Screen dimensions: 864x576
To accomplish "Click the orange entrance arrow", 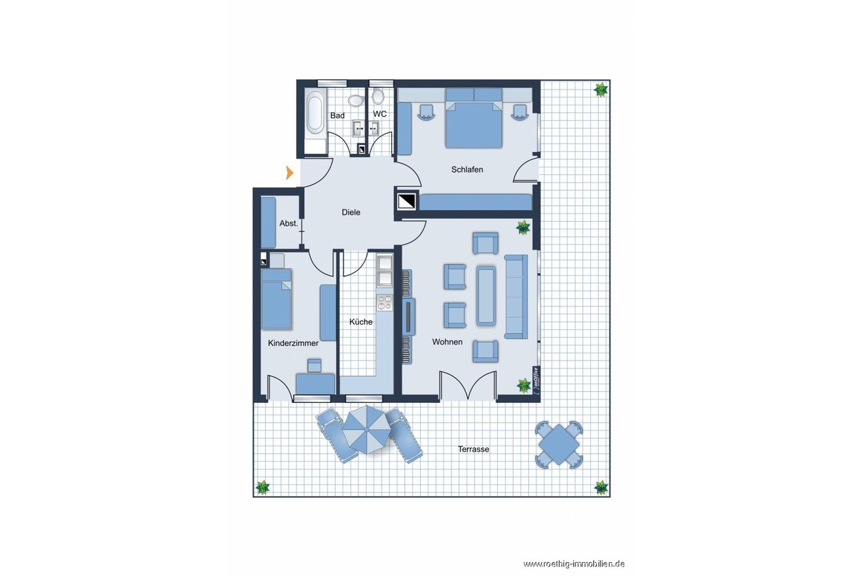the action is click(x=289, y=172).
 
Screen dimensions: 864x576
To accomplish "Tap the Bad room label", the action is click(x=337, y=116).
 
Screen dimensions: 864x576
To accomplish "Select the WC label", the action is click(x=380, y=114).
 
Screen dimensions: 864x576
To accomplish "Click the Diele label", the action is click(x=351, y=212).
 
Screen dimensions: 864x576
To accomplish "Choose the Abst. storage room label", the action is click(x=289, y=223).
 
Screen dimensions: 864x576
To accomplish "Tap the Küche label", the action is click(x=361, y=322).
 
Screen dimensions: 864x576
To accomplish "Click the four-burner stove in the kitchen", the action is click(x=384, y=302).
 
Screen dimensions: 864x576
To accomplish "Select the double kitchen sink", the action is click(x=384, y=270).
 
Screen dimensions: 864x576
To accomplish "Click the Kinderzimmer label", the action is click(x=293, y=343).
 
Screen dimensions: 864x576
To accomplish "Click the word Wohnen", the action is click(x=447, y=342).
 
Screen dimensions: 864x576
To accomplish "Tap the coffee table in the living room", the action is click(x=486, y=296).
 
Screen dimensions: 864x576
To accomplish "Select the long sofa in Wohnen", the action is click(x=516, y=297).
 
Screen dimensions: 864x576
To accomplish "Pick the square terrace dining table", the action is click(x=559, y=445).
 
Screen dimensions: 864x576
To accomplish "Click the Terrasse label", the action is click(x=473, y=449).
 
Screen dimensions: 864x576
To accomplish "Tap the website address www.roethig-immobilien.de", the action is click(x=574, y=564).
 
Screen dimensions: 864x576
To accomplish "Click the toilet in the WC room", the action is click(x=378, y=96).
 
